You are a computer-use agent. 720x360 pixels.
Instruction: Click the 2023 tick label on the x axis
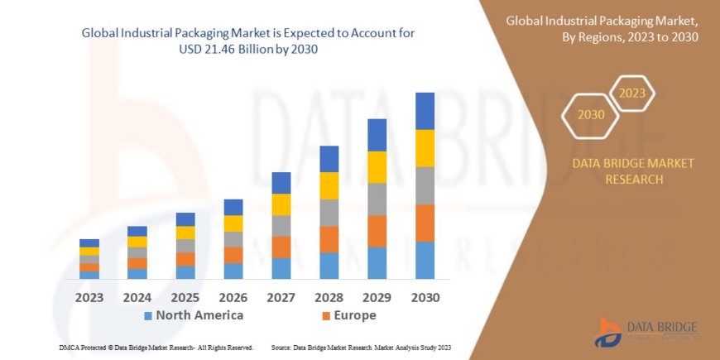pyautogui.click(x=89, y=297)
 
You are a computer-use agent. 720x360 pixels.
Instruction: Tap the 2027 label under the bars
pyautogui.click(x=281, y=297)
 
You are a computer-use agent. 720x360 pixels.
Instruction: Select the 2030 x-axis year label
pyautogui.click(x=425, y=297)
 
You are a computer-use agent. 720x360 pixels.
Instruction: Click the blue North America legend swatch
pyautogui.click(x=147, y=316)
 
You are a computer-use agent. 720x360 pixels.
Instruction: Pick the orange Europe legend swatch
pyautogui.click(x=326, y=316)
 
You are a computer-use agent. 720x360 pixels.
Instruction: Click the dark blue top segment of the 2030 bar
pyautogui.click(x=425, y=111)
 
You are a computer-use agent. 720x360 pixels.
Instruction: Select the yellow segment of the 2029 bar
pyautogui.click(x=377, y=167)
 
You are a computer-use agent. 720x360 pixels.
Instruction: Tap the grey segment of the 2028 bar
pyautogui.click(x=329, y=213)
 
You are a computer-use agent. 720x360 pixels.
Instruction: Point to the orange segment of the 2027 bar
pyautogui.click(x=281, y=247)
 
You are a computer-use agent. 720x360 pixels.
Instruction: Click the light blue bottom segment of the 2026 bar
pyautogui.click(x=233, y=271)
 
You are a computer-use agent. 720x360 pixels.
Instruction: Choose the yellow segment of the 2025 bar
pyautogui.click(x=185, y=233)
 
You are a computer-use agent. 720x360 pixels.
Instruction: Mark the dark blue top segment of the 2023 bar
pyautogui.click(x=89, y=242)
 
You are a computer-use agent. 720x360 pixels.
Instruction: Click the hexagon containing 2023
pyautogui.click(x=631, y=94)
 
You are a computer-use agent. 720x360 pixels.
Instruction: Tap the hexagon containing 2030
pyautogui.click(x=592, y=115)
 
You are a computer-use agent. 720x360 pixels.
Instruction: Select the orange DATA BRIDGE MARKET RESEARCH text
pyautogui.click(x=633, y=170)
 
